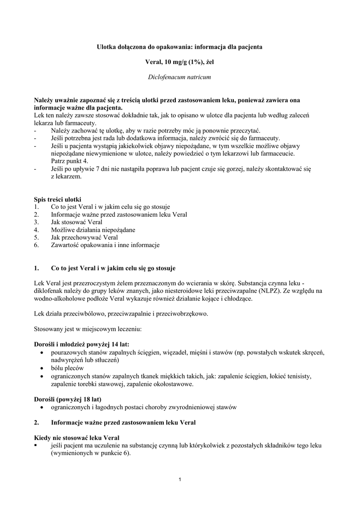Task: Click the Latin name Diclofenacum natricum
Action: coord(180,78)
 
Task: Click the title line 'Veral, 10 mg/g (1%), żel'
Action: coord(180,62)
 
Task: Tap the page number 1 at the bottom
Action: coord(180,479)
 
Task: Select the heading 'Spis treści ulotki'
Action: coord(58,199)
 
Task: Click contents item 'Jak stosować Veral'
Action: coord(76,222)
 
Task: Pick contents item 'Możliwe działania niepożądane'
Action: coord(93,230)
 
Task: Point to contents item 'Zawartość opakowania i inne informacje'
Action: coord(105,245)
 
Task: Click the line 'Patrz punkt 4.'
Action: coord(70,161)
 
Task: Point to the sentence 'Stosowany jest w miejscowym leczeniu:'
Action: coord(88,328)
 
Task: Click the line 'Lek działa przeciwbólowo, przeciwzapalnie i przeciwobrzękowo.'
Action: coord(121,314)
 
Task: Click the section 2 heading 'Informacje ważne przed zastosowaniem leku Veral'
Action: coord(124,423)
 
